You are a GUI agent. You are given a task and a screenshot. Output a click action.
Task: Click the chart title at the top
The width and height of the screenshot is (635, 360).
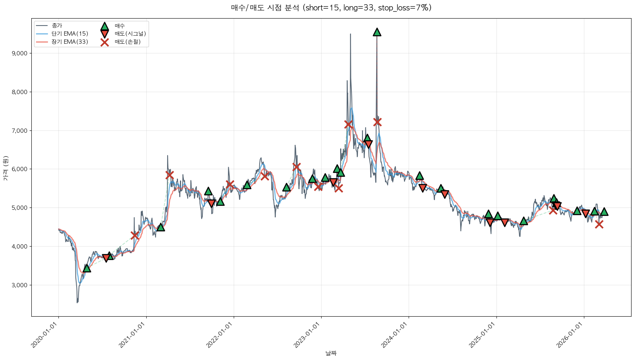[x=331, y=8]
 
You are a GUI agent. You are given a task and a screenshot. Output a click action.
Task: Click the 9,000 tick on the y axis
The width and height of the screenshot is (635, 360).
[x=20, y=53]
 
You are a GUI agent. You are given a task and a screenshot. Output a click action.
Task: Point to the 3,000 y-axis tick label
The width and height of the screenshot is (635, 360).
[x=20, y=285]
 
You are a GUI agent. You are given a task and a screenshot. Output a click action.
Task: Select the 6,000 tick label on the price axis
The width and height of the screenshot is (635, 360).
[x=20, y=169]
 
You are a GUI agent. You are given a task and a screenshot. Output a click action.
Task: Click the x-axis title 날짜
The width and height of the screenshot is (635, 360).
[x=331, y=353]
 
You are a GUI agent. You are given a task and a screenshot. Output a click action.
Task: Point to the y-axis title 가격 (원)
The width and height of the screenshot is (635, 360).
[x=5, y=168]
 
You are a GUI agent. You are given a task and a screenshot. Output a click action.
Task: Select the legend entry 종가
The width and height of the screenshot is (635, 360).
[x=56, y=26]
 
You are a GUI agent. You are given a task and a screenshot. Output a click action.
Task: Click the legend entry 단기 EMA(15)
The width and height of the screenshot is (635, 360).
[x=70, y=34]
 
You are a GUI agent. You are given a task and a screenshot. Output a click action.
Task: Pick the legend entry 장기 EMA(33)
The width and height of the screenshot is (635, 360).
[x=70, y=42]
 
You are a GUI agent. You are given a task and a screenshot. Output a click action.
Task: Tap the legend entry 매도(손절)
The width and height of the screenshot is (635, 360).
[x=127, y=42]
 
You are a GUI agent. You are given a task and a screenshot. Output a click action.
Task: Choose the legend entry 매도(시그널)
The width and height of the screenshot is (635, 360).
[x=130, y=34]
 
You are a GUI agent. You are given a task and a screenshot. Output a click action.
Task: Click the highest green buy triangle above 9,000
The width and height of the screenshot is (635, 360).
[x=377, y=32]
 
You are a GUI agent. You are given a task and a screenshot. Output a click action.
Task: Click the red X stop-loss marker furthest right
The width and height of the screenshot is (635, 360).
[x=599, y=224]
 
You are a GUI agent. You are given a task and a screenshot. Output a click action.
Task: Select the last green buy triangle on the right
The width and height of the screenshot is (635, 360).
[x=604, y=212]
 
